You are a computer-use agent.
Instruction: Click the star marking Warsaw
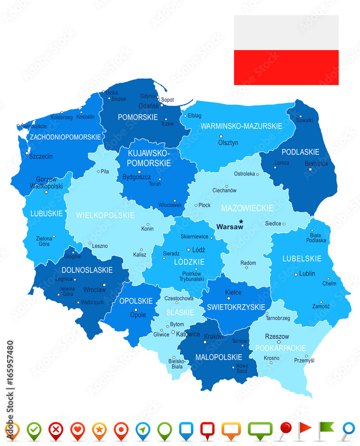241,221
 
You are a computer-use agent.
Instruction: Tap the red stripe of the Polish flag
286,67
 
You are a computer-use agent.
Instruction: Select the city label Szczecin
41,157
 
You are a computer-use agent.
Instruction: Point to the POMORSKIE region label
138,117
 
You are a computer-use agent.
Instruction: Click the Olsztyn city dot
221,136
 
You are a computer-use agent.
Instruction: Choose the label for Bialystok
316,164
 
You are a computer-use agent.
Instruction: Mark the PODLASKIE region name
300,152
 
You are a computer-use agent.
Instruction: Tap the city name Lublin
307,273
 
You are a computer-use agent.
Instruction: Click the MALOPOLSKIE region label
218,357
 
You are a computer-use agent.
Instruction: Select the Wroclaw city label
95,290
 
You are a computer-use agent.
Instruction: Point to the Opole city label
138,315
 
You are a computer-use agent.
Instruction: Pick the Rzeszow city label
277,337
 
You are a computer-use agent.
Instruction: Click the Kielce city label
233,293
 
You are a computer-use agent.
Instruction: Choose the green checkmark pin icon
33,430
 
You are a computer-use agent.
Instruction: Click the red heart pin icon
78,430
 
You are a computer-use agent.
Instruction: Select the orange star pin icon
99,430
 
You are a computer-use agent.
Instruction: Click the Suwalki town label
305,120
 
